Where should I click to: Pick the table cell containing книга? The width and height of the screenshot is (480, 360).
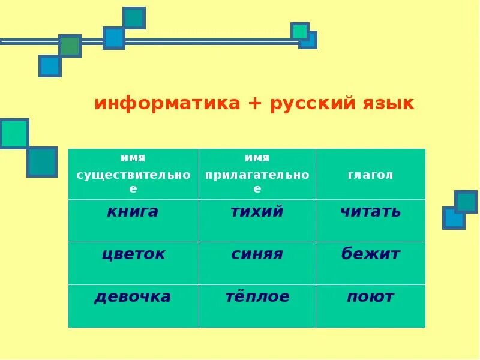tap(133, 220)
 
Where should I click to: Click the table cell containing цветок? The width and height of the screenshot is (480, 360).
tap(133, 263)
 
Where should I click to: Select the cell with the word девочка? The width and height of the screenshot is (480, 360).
tap(133, 305)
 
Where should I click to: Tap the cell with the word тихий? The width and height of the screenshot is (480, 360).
tap(257, 220)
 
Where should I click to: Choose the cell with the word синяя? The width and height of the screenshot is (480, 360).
tap(257, 263)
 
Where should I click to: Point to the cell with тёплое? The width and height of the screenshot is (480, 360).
tap(257, 305)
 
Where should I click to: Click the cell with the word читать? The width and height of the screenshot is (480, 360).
tap(370, 220)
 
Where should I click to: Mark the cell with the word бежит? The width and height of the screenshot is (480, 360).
tap(370, 263)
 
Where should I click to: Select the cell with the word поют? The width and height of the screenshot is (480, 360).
tap(370, 305)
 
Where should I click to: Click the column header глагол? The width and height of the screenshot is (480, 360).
tap(370, 175)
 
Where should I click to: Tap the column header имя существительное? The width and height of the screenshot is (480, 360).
tap(133, 174)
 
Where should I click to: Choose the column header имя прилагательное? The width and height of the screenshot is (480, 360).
tap(257, 174)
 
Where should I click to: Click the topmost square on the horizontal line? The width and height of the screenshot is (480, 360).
tap(134, 18)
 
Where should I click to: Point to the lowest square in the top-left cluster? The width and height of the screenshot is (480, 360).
tap(50, 66)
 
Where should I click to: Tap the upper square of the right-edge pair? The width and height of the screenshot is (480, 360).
tap(466, 202)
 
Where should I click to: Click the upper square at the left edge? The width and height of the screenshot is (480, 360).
tap(14, 133)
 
